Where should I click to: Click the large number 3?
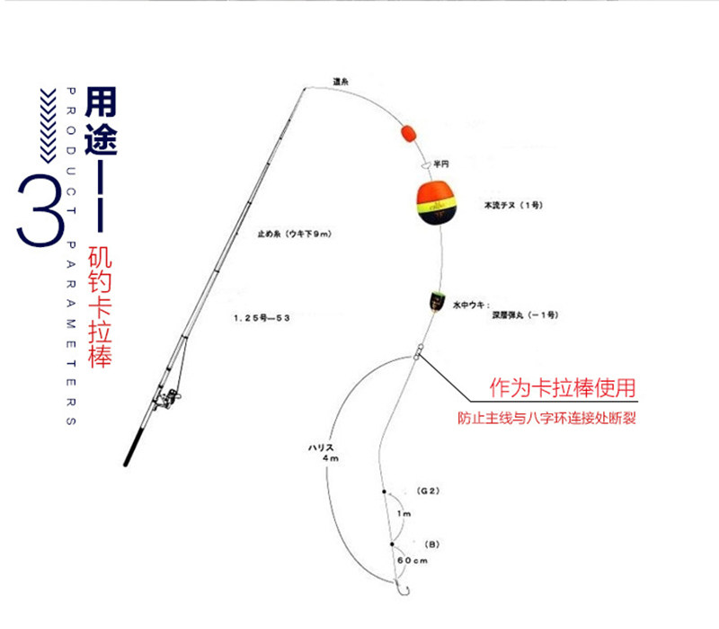40,209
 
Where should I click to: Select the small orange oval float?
407,135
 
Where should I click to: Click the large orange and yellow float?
435,205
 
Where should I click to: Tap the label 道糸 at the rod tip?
340,81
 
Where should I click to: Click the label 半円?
440,164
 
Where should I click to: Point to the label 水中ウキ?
471,305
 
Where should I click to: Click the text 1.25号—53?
261,317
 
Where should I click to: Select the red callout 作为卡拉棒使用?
562,389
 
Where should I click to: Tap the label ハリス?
320,446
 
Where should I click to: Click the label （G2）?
427,492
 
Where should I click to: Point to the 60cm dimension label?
411,561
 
